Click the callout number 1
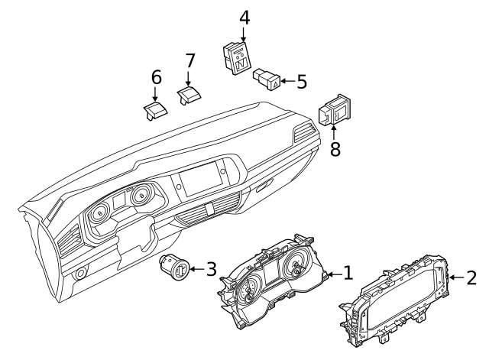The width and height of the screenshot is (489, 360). [348, 273]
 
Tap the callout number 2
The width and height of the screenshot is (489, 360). [471, 277]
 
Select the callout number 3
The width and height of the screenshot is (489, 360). [211, 269]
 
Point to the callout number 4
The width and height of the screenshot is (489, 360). [244, 18]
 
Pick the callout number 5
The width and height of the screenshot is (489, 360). [302, 82]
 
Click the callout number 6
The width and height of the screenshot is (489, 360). [156, 77]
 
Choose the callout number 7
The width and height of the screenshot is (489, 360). [190, 60]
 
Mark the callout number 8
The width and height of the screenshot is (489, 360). [335, 149]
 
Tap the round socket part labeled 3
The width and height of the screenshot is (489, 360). [175, 267]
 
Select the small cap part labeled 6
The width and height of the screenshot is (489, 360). [155, 111]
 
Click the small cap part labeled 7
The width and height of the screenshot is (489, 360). [189, 95]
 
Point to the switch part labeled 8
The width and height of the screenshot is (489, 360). [334, 109]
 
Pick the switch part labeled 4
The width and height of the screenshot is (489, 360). [238, 58]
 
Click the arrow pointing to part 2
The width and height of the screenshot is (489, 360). [456, 277]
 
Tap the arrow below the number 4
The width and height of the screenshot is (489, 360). [244, 34]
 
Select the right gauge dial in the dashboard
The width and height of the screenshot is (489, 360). [142, 196]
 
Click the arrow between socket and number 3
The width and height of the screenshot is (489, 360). [197, 268]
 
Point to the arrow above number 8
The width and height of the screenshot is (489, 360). [334, 132]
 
